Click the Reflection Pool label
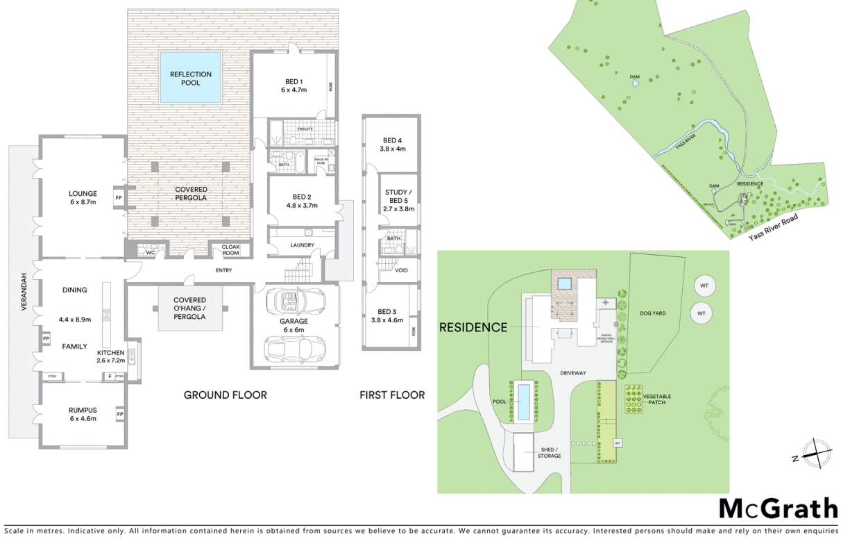pyautogui.click(x=191, y=78)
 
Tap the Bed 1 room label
pyautogui.click(x=294, y=85)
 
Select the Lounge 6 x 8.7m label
pyautogui.click(x=83, y=197)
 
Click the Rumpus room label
pyautogui.click(x=83, y=414)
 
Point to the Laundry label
pyautogui.click(x=303, y=245)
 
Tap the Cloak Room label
pyautogui.click(x=230, y=250)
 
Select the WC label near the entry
pyautogui.click(x=150, y=252)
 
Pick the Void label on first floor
pyautogui.click(x=401, y=270)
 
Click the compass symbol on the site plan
pyautogui.click(x=817, y=455)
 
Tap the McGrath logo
pyautogui.click(x=777, y=509)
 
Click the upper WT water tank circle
pyautogui.click(x=703, y=286)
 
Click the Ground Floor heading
pyautogui.click(x=225, y=395)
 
